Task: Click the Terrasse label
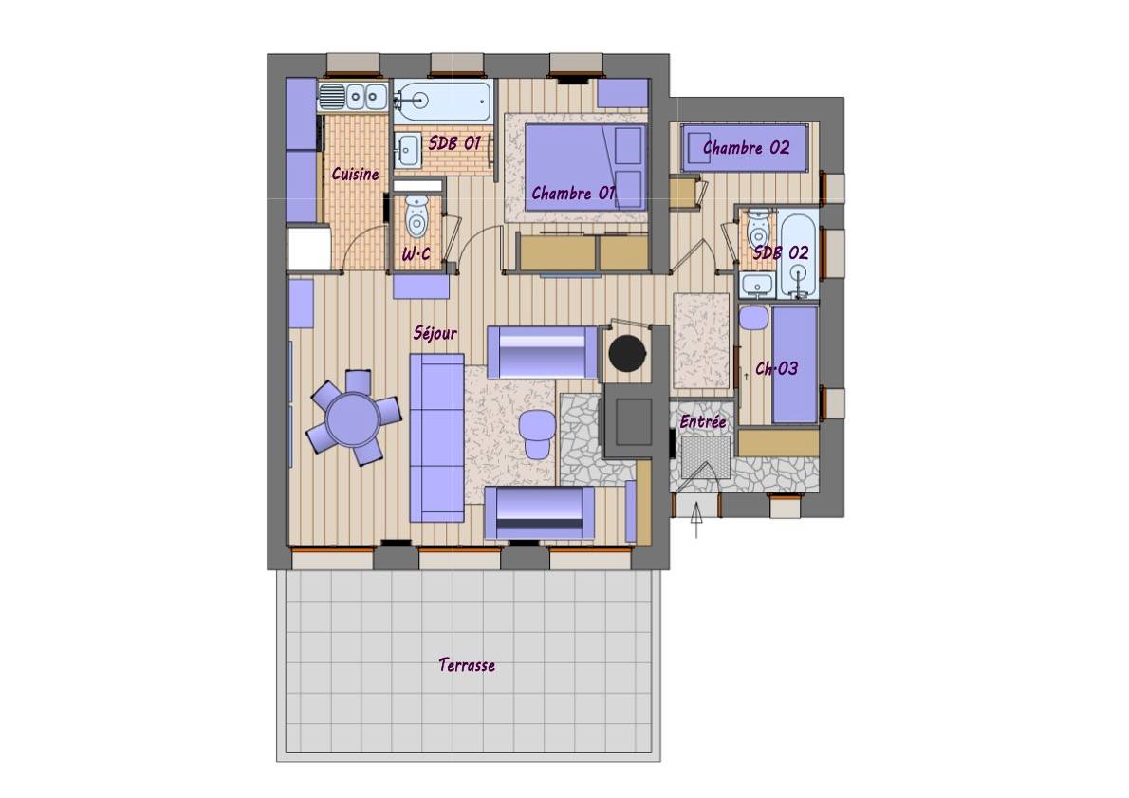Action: pyautogui.click(x=467, y=665)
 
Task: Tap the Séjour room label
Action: pyautogui.click(x=435, y=333)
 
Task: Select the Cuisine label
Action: pyautogui.click(x=355, y=174)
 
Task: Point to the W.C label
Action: pyautogui.click(x=416, y=253)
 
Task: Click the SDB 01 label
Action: pyautogui.click(x=454, y=142)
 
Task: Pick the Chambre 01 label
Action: pyautogui.click(x=574, y=193)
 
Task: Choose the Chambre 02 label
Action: pyautogui.click(x=747, y=148)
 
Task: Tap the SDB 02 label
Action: pyautogui.click(x=781, y=252)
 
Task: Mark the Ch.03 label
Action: pyautogui.click(x=776, y=369)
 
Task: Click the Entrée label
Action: pyautogui.click(x=703, y=421)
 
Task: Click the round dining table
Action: pyautogui.click(x=353, y=418)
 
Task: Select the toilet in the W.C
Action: pyautogui.click(x=416, y=215)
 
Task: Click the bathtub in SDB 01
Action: pyautogui.click(x=442, y=101)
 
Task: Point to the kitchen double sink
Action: pyautogui.click(x=354, y=97)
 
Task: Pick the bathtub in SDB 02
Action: pyautogui.click(x=798, y=254)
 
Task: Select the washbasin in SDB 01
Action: pyautogui.click(x=408, y=150)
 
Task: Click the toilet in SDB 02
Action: pyautogui.click(x=758, y=229)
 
